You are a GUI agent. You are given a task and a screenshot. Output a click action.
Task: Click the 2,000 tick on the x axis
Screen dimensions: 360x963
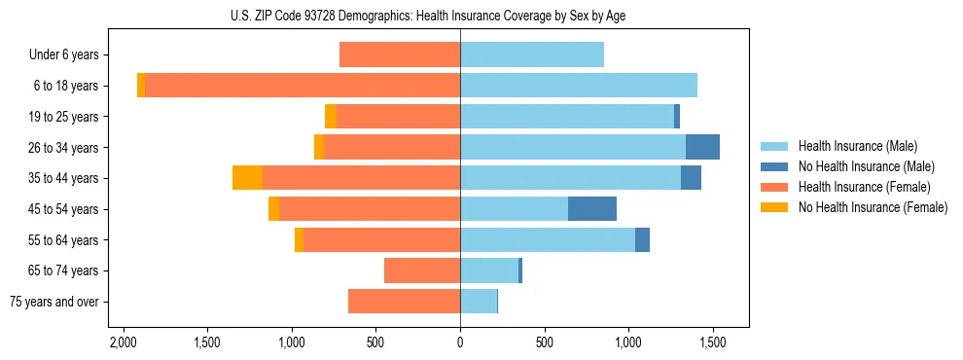click(x=123, y=343)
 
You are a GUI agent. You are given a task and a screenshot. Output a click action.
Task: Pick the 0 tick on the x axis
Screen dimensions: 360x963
click(x=460, y=343)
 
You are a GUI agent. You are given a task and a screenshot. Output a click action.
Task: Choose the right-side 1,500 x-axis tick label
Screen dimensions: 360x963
click(x=713, y=343)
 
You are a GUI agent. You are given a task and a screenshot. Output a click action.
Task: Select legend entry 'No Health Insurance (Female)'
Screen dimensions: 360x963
click(x=872, y=207)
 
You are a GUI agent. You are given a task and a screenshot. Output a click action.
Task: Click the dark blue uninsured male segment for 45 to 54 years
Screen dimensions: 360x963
click(x=592, y=209)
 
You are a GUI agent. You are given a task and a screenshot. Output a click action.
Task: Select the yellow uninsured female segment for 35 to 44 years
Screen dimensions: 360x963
click(x=247, y=178)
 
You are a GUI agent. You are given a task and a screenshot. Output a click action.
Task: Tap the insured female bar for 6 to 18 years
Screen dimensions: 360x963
click(x=302, y=86)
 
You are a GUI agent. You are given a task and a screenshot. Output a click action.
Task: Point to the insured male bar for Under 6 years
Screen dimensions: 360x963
click(x=532, y=55)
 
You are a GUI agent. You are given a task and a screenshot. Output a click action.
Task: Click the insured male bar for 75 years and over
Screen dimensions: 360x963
click(x=479, y=302)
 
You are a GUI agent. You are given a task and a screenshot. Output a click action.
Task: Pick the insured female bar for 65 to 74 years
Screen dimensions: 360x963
click(x=422, y=270)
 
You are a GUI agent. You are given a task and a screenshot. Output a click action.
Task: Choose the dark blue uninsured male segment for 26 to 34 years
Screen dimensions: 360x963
click(x=702, y=148)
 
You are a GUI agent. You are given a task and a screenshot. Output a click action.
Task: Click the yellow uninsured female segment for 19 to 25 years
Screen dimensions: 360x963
click(x=331, y=117)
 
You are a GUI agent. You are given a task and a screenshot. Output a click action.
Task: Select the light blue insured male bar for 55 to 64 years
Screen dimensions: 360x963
click(x=548, y=240)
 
